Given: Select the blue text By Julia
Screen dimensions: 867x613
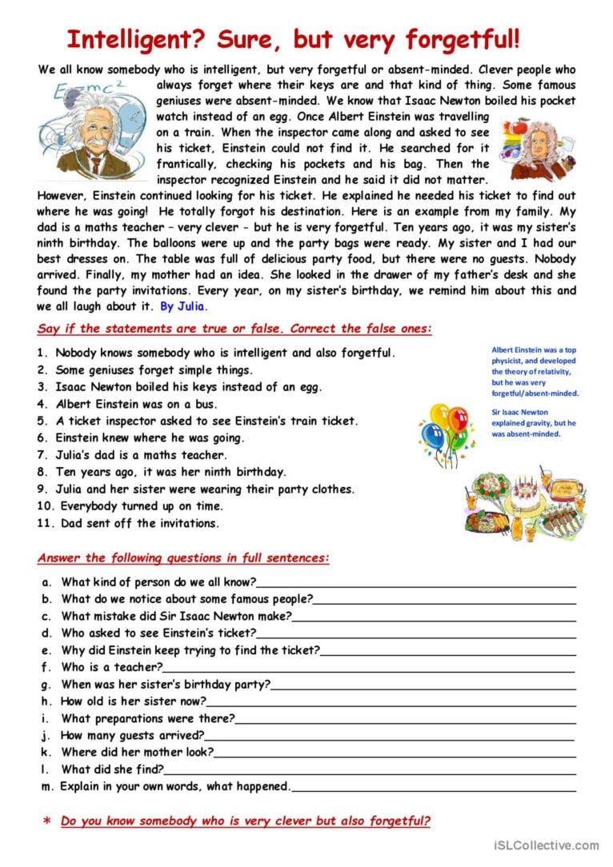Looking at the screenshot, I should tap(183, 306).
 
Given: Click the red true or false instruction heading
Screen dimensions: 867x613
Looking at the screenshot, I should tap(234, 329).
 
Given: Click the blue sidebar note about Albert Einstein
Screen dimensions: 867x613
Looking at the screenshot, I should tap(535, 371).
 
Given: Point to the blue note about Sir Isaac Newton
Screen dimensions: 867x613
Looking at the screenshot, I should tap(534, 422).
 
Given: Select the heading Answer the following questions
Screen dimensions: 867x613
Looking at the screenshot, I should tap(183, 557).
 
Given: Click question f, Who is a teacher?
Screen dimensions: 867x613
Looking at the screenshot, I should tap(111, 667).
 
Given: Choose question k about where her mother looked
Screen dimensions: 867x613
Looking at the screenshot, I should tap(137, 753).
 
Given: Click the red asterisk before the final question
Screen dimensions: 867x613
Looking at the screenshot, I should tap(46, 821).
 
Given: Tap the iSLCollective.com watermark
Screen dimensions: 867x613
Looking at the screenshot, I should tap(547, 845).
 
